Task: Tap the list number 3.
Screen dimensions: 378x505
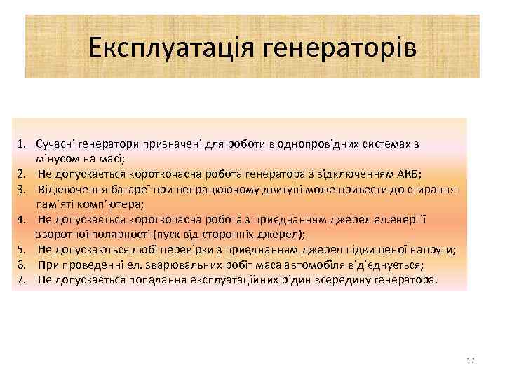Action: [22, 190]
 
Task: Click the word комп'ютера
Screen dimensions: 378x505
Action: [115, 204]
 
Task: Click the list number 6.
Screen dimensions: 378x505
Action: [22, 265]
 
